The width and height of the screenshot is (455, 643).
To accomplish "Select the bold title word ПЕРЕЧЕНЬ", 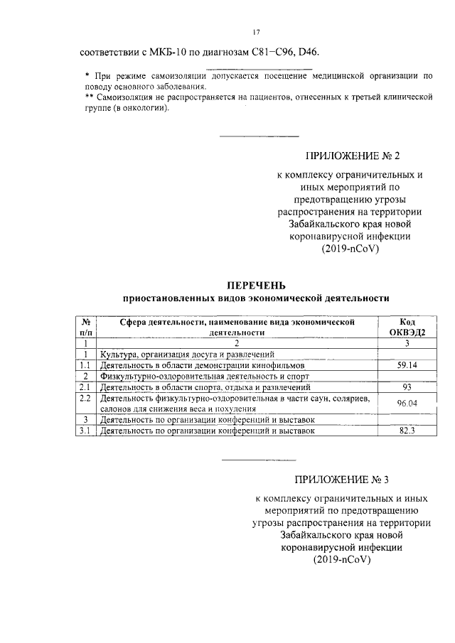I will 256,285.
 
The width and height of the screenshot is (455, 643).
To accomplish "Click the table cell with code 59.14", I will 408,365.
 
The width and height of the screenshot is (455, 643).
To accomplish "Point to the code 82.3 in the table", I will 408,431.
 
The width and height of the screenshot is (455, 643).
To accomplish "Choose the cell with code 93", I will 408,387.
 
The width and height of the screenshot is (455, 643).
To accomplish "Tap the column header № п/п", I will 86,327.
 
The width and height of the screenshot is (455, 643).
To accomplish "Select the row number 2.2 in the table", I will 86,399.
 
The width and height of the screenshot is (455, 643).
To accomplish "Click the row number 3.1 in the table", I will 86,431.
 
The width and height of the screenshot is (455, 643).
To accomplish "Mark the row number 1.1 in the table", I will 86,365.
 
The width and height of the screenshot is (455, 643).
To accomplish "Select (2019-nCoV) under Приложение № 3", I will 342,559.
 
